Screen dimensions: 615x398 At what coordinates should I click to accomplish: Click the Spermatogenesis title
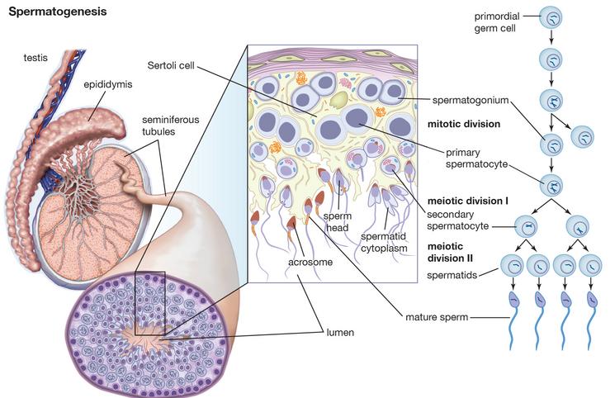(x=58, y=12)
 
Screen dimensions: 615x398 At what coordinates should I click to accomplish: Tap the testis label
(x=35, y=58)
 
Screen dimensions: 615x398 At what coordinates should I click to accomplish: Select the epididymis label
(x=108, y=84)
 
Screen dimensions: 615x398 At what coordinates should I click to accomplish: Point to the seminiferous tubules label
(x=170, y=126)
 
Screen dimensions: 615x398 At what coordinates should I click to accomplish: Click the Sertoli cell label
(x=171, y=65)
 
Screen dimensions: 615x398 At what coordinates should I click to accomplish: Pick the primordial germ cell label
(x=497, y=22)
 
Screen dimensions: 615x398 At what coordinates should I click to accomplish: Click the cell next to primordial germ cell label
(x=551, y=18)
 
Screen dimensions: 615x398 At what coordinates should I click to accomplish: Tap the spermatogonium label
(x=471, y=100)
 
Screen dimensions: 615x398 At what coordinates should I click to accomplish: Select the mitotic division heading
(x=464, y=124)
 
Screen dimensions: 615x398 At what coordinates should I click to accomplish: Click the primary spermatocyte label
(x=476, y=159)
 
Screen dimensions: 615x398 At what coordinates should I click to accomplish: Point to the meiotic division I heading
(x=467, y=201)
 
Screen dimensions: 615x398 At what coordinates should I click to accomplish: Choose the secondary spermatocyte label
(x=457, y=220)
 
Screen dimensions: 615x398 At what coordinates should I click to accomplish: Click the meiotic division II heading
(x=450, y=253)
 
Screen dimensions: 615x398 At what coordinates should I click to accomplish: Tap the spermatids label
(x=452, y=275)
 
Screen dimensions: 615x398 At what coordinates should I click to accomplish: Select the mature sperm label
(x=437, y=317)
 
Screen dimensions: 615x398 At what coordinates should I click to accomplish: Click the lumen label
(x=340, y=333)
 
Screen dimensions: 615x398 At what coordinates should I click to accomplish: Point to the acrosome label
(x=310, y=262)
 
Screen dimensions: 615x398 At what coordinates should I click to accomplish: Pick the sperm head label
(x=338, y=222)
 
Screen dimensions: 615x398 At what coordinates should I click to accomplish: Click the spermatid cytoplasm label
(x=384, y=243)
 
